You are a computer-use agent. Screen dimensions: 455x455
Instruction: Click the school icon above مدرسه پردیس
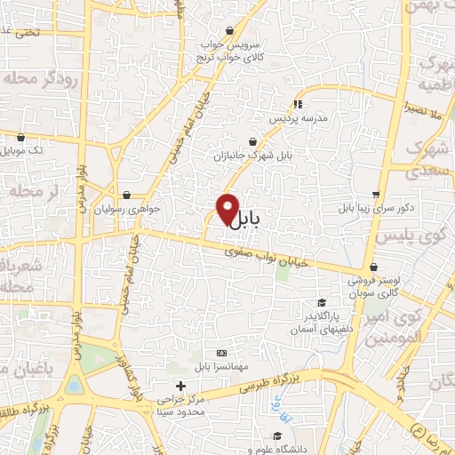(x=298, y=103)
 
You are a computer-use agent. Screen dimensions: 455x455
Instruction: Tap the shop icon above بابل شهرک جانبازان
(x=253, y=141)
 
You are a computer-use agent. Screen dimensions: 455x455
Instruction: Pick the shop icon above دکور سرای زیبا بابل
(x=377, y=194)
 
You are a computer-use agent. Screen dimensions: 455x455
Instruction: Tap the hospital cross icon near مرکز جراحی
(x=181, y=386)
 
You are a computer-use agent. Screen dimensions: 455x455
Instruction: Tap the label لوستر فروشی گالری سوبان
(x=372, y=286)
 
